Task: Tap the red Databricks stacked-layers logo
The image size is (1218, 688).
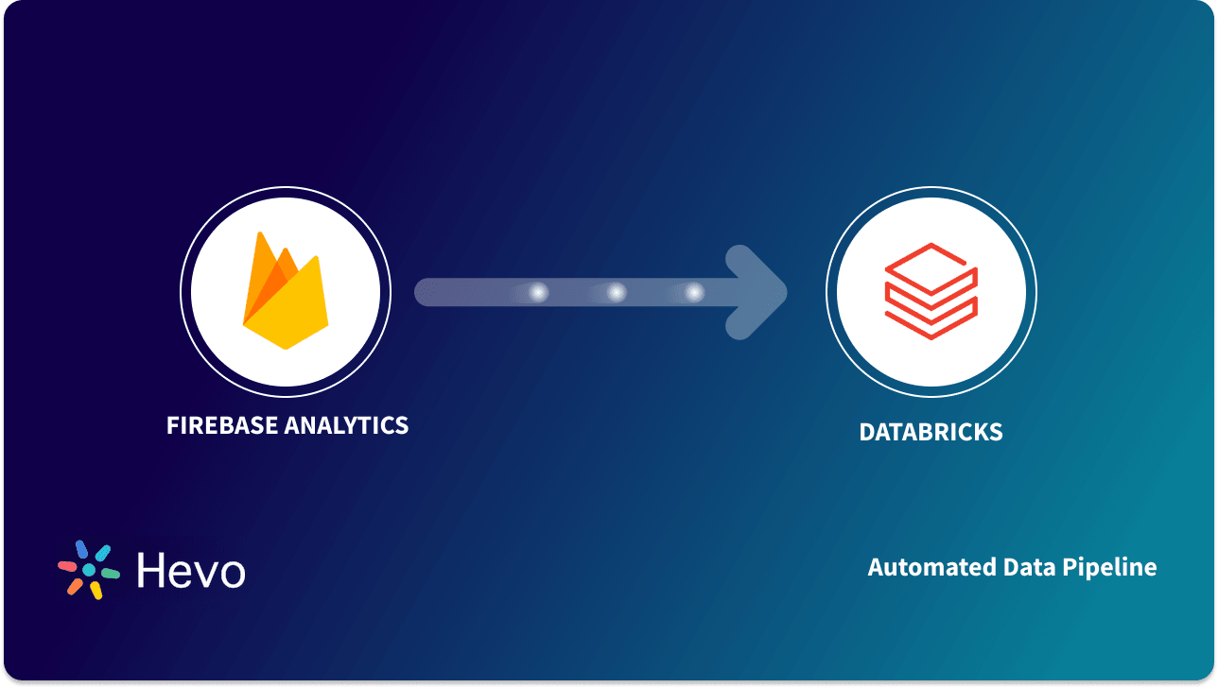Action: [x=931, y=291]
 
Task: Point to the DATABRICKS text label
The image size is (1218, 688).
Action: [x=931, y=433]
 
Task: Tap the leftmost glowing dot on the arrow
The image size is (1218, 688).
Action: [x=538, y=293]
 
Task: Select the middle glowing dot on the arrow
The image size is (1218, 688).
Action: [x=617, y=293]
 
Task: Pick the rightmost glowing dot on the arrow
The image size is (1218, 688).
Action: [x=695, y=293]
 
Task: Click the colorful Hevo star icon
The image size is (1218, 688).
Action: [x=89, y=570]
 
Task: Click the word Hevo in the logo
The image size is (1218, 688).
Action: [x=191, y=571]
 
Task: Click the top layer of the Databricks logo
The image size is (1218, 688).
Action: [x=931, y=260]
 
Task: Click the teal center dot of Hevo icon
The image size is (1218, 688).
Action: [x=89, y=571]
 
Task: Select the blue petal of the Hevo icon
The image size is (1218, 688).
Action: [x=81, y=549]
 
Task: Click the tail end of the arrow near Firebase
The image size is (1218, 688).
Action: [x=426, y=293]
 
